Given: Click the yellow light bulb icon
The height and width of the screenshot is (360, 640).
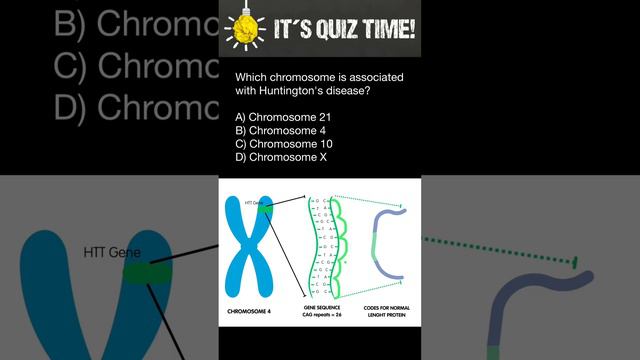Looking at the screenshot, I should coord(243,30).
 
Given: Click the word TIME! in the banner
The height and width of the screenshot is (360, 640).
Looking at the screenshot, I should coord(385,31).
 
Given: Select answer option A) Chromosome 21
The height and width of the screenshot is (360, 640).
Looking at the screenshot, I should coord(281,118).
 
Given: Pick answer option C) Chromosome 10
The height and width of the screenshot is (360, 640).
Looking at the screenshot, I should coord(281,144).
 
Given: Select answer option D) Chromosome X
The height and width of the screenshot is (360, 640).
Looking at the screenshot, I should coord(279,157).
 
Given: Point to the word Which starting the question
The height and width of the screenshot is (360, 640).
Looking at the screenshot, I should coord(251,78).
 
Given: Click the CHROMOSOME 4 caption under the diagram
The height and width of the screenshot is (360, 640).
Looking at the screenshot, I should coord(255,311).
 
